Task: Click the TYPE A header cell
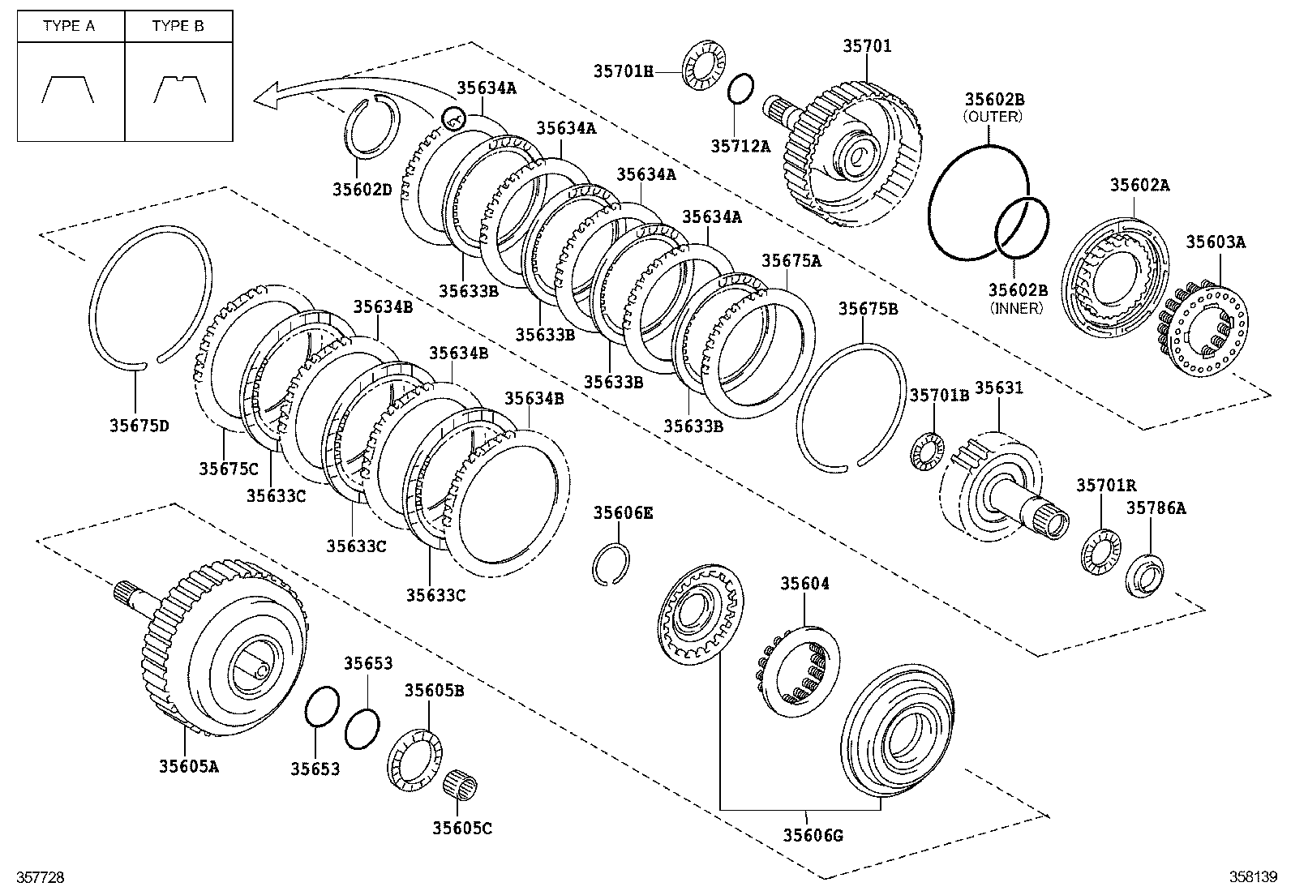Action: pos(69,26)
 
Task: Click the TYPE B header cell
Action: pos(178,26)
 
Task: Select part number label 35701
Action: pos(866,46)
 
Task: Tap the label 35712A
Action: pos(740,146)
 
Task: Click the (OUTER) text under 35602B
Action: pos(993,117)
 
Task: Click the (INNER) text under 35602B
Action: pos(1016,308)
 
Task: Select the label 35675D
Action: pos(139,425)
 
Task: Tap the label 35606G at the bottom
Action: pos(813,833)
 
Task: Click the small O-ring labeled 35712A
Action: pos(740,88)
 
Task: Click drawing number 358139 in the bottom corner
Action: pos(1252,876)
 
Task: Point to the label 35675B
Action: pos(868,309)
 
